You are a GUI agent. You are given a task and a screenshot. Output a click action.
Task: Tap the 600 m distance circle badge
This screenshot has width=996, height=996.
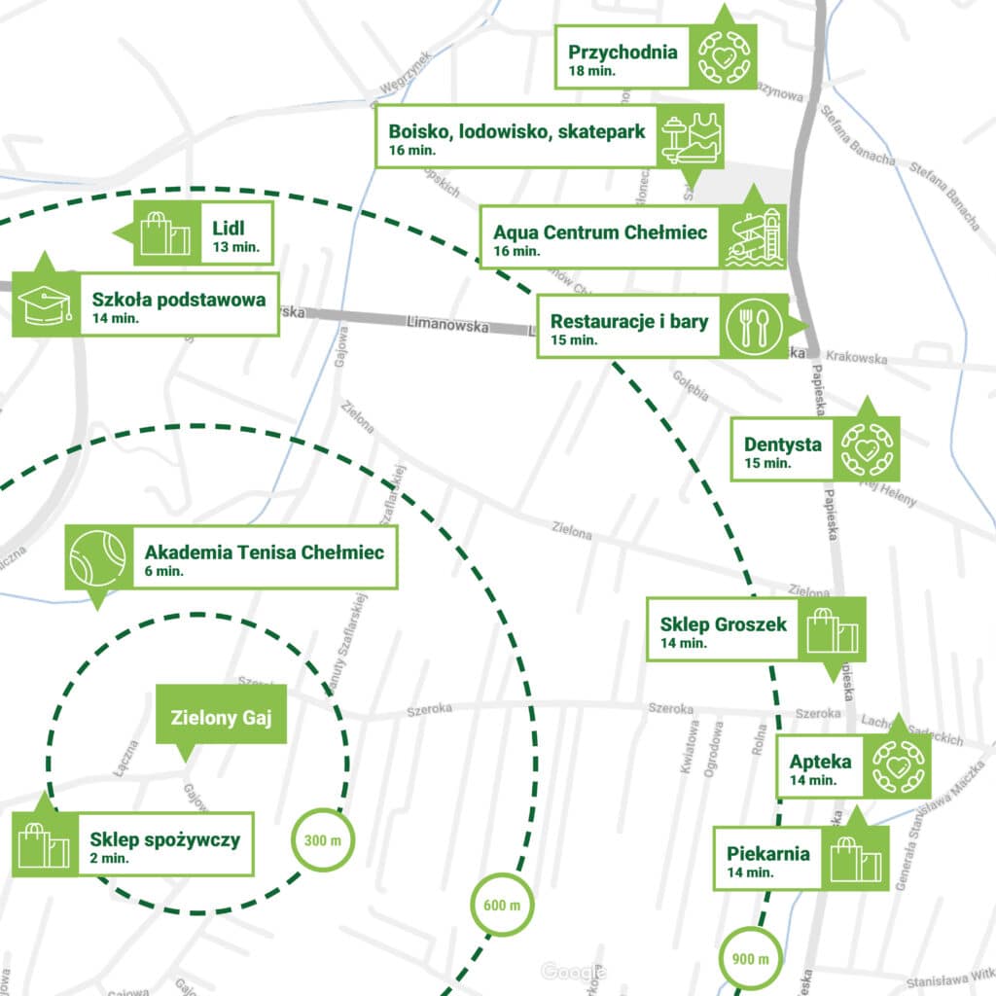[502, 905]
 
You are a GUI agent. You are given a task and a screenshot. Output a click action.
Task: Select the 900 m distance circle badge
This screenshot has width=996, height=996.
[750, 959]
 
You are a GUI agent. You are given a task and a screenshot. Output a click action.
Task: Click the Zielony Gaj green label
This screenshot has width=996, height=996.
[222, 719]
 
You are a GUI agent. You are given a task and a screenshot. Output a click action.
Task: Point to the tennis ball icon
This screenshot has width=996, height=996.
[98, 557]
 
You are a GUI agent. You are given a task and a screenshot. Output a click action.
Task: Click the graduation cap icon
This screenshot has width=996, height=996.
[45, 304]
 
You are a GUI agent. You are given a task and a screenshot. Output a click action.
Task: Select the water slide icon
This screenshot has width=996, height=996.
[755, 237]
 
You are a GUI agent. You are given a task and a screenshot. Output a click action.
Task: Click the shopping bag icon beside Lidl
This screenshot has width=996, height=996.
[166, 233]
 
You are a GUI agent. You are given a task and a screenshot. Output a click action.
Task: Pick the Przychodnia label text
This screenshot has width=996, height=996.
[622, 53]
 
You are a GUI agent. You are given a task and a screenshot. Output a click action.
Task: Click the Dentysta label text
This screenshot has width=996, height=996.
[783, 445]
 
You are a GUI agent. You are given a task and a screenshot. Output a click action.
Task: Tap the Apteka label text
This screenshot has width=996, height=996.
[820, 762]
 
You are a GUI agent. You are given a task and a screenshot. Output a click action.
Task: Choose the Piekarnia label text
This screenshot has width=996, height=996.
[768, 854]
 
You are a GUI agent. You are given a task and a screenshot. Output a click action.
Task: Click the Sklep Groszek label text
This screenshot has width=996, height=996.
[723, 623]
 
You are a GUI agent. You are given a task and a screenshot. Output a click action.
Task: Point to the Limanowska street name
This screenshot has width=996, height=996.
[447, 327]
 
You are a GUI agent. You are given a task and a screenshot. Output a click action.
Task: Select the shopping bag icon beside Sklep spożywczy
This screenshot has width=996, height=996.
[44, 843]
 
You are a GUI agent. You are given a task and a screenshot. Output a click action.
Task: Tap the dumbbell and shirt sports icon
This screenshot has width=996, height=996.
[692, 137]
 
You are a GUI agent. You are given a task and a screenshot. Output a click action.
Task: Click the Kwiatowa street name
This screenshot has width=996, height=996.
[690, 746]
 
